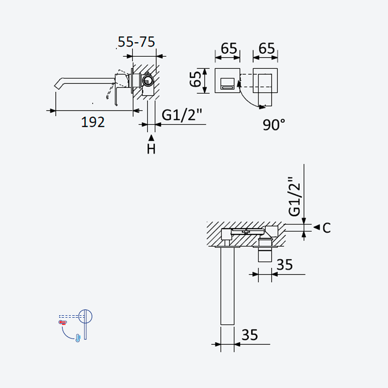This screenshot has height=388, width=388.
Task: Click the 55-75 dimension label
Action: point(136,42)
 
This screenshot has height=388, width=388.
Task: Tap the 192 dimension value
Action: point(93,122)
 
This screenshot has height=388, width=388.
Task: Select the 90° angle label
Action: point(274,125)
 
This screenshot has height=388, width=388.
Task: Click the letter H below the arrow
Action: point(151,149)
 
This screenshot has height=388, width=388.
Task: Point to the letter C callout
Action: point(326,227)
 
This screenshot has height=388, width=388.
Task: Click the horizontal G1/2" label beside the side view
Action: point(182,115)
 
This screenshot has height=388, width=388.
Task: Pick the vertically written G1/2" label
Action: point(294,196)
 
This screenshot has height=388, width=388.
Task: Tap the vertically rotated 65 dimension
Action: point(195,79)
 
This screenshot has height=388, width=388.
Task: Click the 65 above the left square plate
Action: point(229,48)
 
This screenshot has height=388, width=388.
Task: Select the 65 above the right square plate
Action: point(267,48)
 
